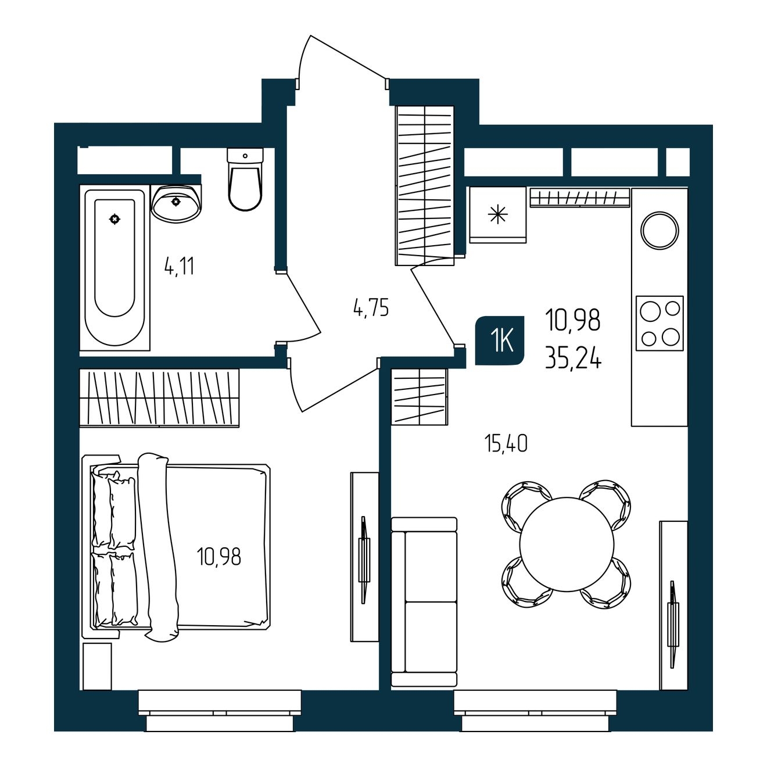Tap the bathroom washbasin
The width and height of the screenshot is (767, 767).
(176, 203)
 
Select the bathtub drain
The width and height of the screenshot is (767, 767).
(115, 218)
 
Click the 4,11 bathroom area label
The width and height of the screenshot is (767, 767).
(180, 266)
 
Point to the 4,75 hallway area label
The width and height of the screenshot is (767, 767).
(371, 308)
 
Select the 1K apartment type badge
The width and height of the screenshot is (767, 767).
(500, 341)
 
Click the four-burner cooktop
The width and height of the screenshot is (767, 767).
(660, 323)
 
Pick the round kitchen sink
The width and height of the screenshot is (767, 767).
(660, 231)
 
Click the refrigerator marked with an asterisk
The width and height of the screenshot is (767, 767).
(498, 214)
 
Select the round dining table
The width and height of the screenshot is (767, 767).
(567, 544)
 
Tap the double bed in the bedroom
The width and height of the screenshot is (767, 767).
(176, 553)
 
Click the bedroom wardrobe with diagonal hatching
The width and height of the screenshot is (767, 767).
(159, 397)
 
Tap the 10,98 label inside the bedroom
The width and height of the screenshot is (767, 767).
(219, 557)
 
